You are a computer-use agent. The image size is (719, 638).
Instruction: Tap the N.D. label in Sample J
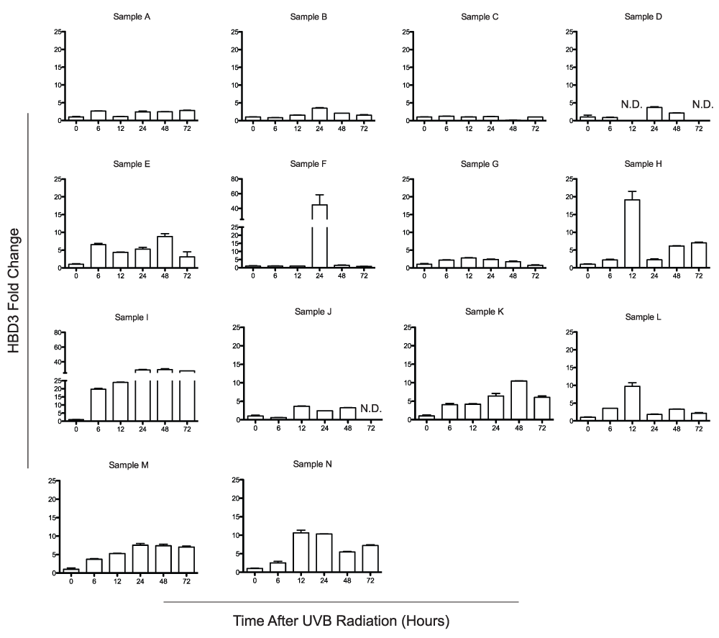point(370,409)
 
